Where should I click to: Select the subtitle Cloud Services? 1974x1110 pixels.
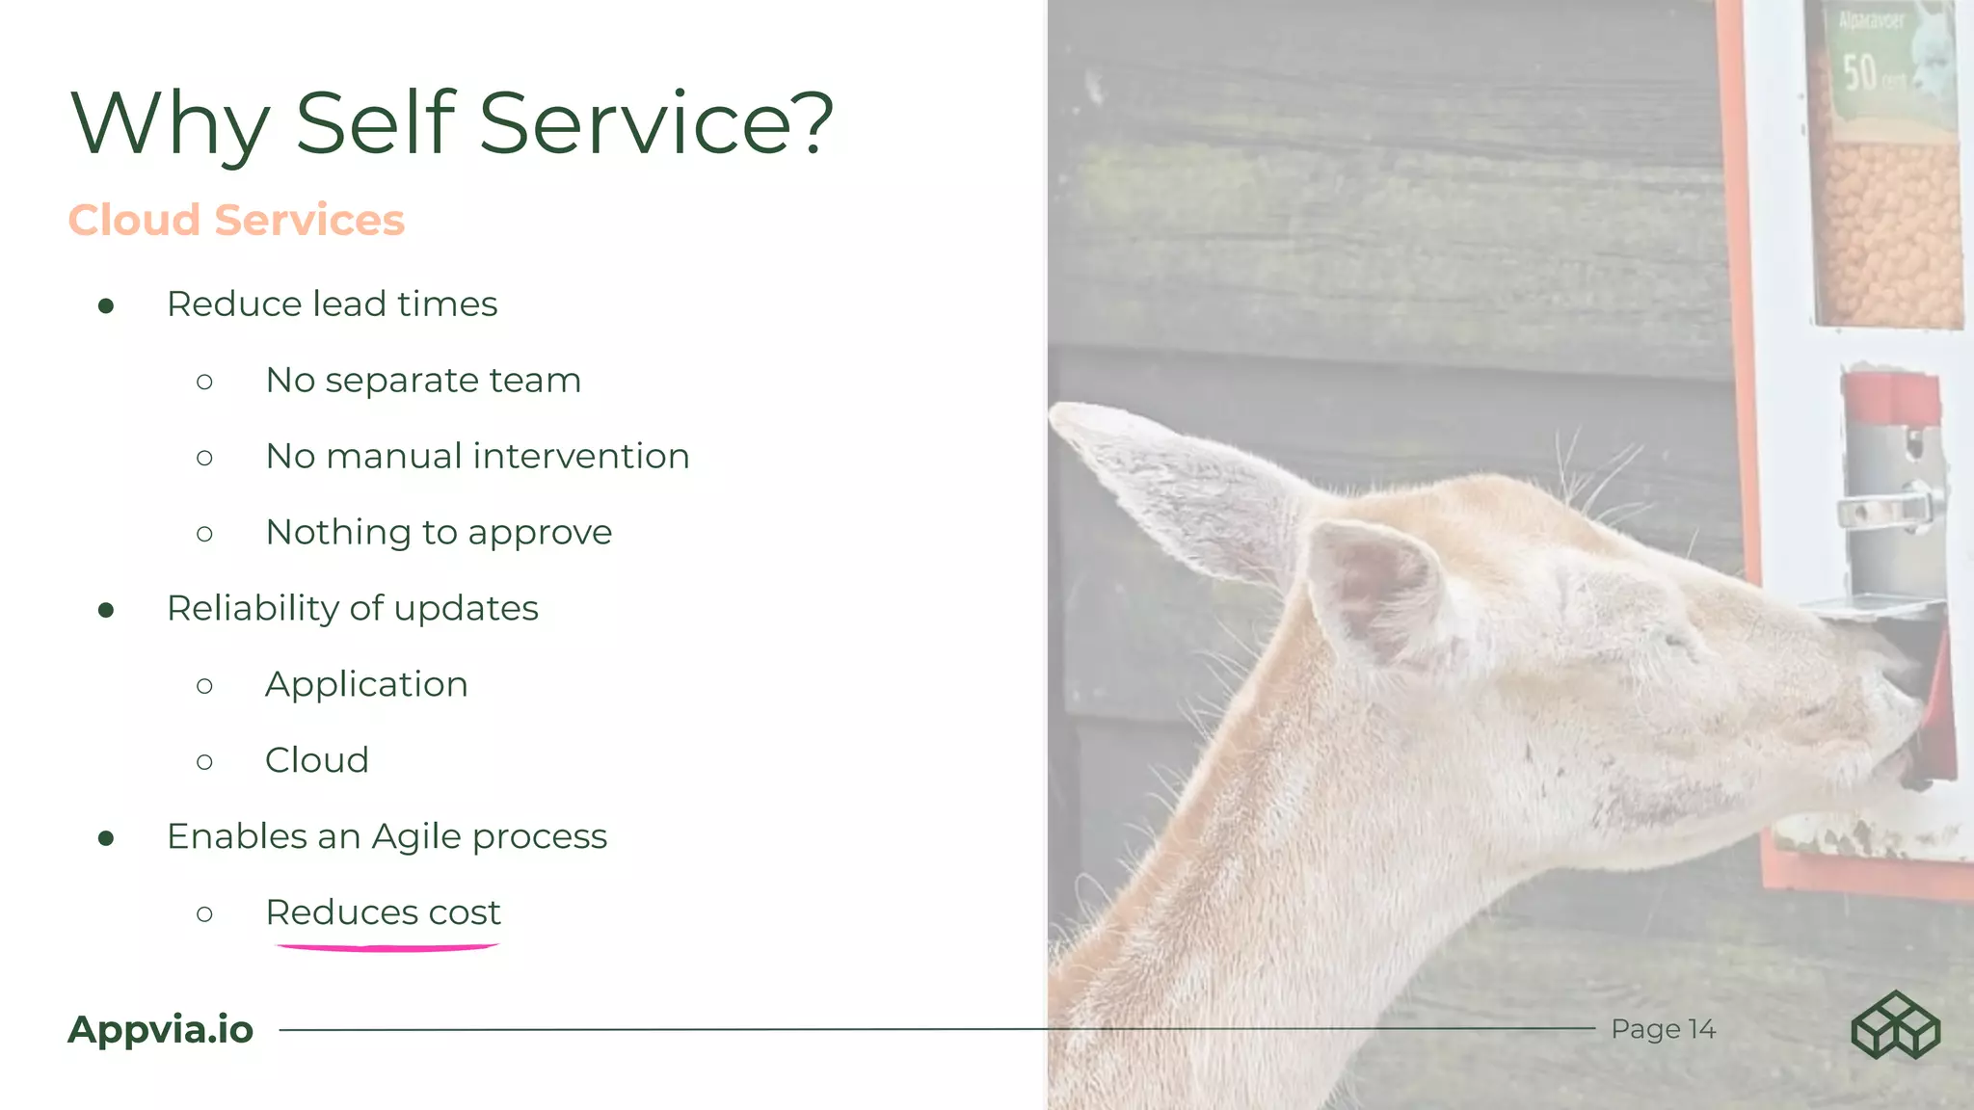pyautogui.click(x=236, y=220)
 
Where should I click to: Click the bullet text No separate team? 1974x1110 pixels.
pyautogui.click(x=423, y=380)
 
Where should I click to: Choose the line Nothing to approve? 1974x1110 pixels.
pyautogui.click(x=439, y=532)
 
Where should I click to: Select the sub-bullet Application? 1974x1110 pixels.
pyautogui.click(x=366, y=684)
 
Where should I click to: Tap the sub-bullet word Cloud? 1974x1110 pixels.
pyautogui.click(x=317, y=760)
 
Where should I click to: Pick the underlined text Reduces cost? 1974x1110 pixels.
pyautogui.click(x=383, y=912)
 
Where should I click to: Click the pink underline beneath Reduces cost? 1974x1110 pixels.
pyautogui.click(x=387, y=948)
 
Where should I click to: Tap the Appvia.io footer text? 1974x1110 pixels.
pyautogui.click(x=160, y=1029)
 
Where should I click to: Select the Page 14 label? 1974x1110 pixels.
pyautogui.click(x=1663, y=1029)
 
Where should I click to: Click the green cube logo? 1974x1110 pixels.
pyautogui.click(x=1895, y=1025)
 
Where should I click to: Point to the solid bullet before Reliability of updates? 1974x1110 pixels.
pyautogui.click(x=106, y=610)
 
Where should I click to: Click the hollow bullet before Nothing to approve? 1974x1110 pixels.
pyautogui.click(x=204, y=534)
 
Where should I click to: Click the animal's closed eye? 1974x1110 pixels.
pyautogui.click(x=1675, y=639)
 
